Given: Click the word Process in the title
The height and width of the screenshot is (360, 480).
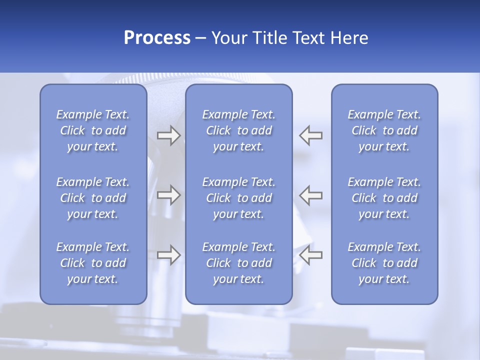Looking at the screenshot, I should click(x=157, y=38).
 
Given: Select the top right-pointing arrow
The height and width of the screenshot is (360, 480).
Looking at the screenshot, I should click(x=168, y=135).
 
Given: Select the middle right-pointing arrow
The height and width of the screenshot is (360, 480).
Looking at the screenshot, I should click(x=168, y=194).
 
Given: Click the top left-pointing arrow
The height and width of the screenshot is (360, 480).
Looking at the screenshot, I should click(x=311, y=135).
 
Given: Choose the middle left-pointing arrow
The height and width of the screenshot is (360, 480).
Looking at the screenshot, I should click(x=311, y=194).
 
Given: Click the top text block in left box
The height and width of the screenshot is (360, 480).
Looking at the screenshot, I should click(x=93, y=130).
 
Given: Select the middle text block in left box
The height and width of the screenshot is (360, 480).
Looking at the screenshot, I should click(x=93, y=198).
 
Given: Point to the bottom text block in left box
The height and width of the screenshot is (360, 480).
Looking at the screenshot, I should click(x=93, y=263).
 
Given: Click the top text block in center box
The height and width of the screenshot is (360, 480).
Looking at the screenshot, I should click(x=239, y=130).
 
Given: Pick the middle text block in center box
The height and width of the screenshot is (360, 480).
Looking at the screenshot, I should click(x=239, y=198).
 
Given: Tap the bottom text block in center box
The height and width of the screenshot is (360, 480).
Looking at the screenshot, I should click(x=239, y=263).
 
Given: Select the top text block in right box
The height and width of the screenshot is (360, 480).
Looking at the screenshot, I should click(x=384, y=130).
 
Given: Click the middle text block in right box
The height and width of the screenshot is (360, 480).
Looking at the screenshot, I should click(x=384, y=198).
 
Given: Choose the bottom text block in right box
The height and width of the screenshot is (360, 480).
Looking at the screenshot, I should click(x=384, y=263).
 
